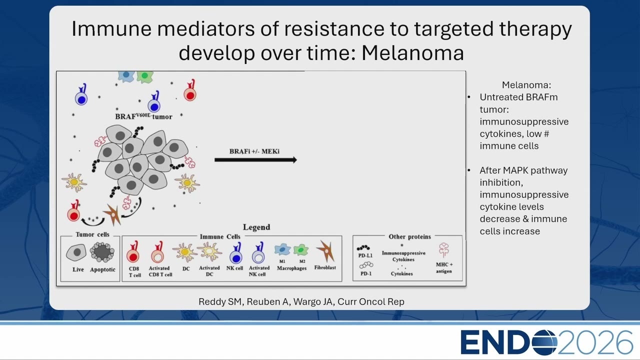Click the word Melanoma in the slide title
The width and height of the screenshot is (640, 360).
tap(413, 53)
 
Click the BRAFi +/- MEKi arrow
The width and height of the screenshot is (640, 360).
tap(255, 160)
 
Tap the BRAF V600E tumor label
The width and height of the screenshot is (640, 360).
tap(143, 116)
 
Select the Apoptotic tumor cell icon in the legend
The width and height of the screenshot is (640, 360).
tap(102, 252)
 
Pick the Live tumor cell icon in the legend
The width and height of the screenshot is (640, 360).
tap(76, 252)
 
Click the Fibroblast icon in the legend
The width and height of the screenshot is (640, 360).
tap(325, 250)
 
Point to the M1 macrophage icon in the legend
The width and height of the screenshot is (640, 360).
tap(282, 249)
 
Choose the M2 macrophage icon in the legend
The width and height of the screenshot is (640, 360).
tap(301, 249)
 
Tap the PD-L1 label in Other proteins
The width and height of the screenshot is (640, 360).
tap(365, 255)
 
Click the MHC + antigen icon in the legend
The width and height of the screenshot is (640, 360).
tap(444, 250)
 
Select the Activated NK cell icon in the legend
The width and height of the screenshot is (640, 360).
tap(259, 253)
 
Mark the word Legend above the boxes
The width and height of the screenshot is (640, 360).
tap(256, 227)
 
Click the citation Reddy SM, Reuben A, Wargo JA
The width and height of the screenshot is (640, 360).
tap(265, 301)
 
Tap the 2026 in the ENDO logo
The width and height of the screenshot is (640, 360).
tap(595, 342)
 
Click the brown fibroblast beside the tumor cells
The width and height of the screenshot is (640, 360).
tap(113, 214)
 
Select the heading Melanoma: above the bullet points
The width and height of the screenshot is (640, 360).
tap(526, 85)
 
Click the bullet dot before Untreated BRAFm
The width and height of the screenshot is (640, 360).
tap(469, 97)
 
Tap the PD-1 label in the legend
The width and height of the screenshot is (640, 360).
tap(366, 273)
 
